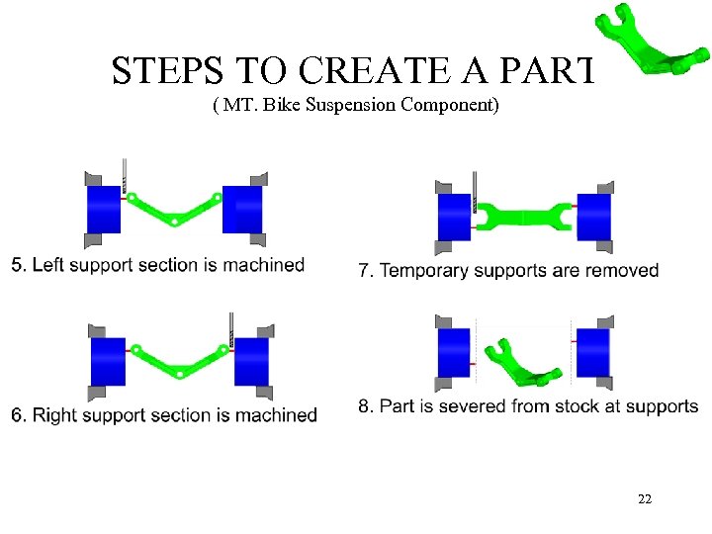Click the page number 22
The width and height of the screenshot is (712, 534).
[645, 499]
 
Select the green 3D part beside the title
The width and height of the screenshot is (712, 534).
[648, 44]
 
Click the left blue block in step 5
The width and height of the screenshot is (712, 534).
[104, 210]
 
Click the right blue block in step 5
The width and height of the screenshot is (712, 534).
[242, 210]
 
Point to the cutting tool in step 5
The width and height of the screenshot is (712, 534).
[125, 178]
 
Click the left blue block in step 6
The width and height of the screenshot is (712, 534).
[108, 362]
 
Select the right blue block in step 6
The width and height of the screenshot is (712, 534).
[251, 362]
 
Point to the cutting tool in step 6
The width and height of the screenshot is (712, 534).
[231, 330]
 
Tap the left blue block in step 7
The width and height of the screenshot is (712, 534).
[454, 218]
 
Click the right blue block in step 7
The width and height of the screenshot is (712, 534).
[593, 218]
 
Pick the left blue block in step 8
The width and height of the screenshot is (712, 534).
[454, 353]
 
